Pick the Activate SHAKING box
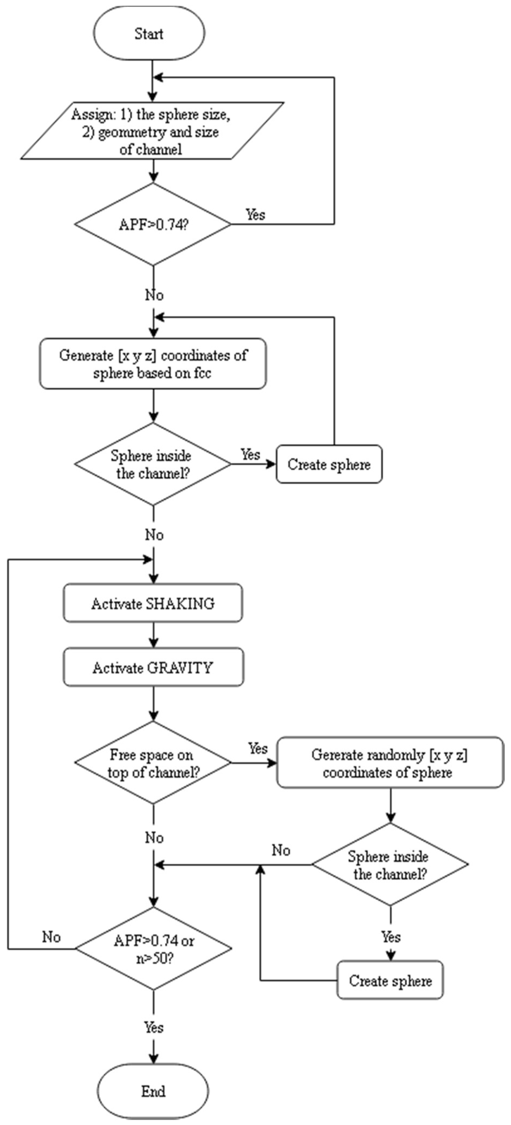click(x=153, y=603)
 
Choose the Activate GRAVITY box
click(x=153, y=667)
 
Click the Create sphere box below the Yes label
click(x=390, y=980)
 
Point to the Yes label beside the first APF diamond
click(x=255, y=214)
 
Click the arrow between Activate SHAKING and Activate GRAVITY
click(x=153, y=634)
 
